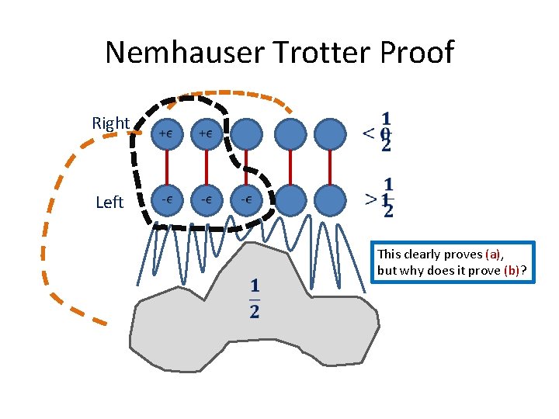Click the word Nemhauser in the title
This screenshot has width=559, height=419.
point(189,53)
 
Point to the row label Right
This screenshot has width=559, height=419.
point(111,123)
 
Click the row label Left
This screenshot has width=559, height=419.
point(109,203)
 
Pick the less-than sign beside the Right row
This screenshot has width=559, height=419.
point(370,133)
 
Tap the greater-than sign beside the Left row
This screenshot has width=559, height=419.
point(372,199)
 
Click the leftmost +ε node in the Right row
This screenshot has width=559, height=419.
point(165,133)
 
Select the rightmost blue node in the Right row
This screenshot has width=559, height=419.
point(331,133)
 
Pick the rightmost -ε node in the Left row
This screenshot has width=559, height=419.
point(245,199)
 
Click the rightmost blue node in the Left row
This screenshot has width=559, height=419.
point(331,199)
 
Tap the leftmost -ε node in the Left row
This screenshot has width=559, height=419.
point(165,199)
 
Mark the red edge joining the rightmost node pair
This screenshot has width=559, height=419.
point(331,166)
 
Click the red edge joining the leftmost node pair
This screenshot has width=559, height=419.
point(165,166)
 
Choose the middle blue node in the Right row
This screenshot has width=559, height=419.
point(246,133)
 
